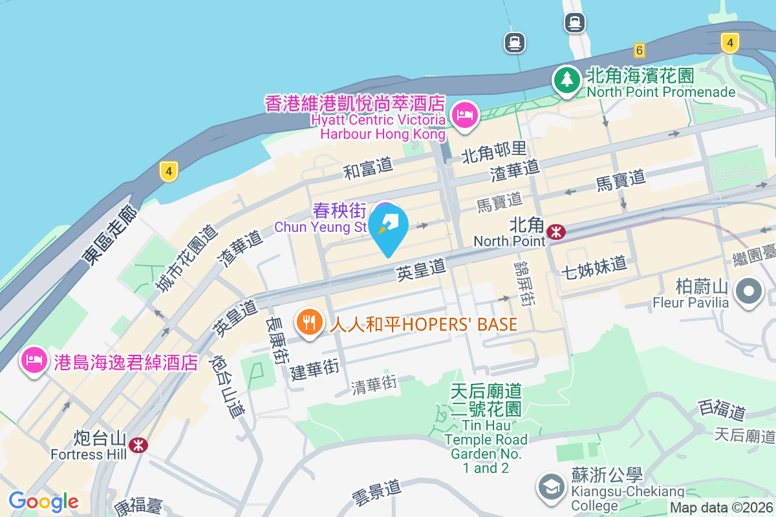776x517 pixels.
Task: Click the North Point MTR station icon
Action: (555, 231)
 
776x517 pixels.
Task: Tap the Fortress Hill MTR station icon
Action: (137, 445)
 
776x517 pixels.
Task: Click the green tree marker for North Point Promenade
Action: (567, 81)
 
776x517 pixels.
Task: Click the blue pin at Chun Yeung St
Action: (389, 227)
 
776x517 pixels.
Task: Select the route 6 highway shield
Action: (639, 50)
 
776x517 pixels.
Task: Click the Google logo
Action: (43, 501)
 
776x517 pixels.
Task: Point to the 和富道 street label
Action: (368, 168)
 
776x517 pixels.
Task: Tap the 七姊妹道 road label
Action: (594, 265)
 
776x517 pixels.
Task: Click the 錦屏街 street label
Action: (523, 283)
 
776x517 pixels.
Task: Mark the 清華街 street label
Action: (373, 384)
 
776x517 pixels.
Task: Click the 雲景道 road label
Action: (376, 489)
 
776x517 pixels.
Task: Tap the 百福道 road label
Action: (722, 410)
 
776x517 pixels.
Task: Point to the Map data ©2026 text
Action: (720, 508)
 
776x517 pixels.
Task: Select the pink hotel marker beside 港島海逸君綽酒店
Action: (33, 361)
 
